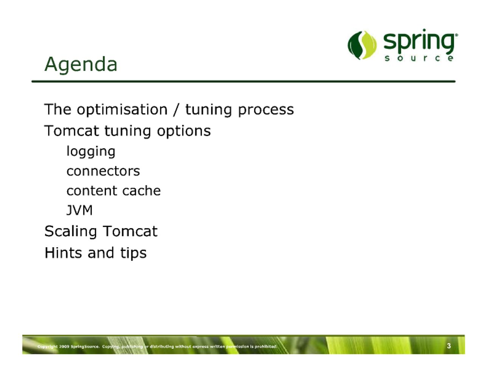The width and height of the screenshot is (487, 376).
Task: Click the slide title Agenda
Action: click(x=81, y=65)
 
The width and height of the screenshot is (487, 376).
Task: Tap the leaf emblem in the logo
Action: click(x=362, y=45)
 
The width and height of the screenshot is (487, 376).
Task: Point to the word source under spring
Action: click(x=419, y=58)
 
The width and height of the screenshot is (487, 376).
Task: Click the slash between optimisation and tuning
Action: click(x=177, y=110)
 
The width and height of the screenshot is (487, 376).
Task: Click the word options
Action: click(x=184, y=131)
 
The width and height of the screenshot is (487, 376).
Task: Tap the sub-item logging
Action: click(x=91, y=152)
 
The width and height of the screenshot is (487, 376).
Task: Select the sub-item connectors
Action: click(x=103, y=172)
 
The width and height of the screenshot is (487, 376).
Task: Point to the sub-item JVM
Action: click(x=79, y=210)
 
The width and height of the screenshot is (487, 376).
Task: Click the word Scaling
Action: click(x=71, y=232)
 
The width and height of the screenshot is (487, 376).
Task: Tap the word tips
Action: click(x=133, y=254)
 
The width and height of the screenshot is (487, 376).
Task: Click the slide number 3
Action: click(x=449, y=346)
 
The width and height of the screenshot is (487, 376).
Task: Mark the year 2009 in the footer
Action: click(x=64, y=347)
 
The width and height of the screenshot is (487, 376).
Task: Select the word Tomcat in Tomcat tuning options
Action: click(x=72, y=131)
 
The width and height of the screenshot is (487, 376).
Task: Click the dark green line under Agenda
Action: click(x=243, y=82)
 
